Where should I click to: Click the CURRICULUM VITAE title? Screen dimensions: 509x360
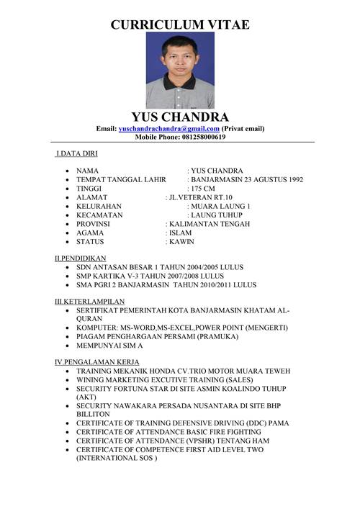180,24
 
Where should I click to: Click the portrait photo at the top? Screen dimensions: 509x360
180,70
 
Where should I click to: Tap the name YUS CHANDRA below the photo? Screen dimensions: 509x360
180,117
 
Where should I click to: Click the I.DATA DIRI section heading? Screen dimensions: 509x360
77,153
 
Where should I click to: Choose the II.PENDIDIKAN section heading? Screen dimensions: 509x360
81,257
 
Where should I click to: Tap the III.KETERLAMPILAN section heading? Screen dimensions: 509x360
90,301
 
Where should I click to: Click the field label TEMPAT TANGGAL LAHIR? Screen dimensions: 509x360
121,179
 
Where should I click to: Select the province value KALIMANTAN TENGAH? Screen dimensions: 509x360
210,224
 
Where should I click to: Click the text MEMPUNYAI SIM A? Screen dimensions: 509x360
112,345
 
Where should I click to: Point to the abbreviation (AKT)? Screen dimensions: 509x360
86,397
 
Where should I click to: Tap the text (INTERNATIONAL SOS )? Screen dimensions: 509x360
116,458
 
